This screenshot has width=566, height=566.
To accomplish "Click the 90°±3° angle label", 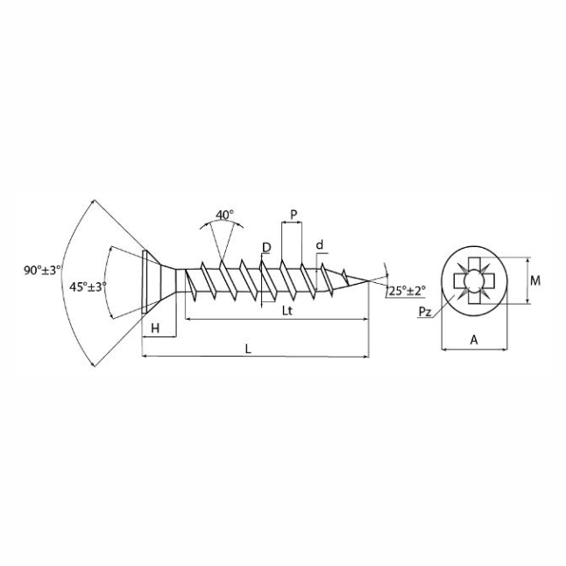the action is [x=42, y=270].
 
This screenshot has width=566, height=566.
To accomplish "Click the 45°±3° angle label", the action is [x=88, y=287].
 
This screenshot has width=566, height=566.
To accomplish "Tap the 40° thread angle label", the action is [x=224, y=215].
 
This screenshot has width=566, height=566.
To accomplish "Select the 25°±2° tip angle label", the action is [x=407, y=291].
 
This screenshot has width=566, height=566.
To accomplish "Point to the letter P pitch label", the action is [x=294, y=215].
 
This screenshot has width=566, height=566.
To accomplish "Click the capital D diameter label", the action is [x=266, y=248].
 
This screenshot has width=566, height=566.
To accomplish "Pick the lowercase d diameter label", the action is [x=320, y=245].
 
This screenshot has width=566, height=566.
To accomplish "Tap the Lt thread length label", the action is [x=287, y=310].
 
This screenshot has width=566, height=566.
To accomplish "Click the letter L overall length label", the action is [x=248, y=349].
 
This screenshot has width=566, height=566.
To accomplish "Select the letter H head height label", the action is [x=155, y=329].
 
